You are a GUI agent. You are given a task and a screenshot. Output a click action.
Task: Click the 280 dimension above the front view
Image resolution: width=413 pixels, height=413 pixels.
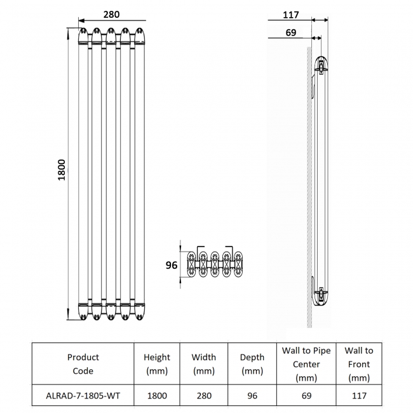click(111, 14)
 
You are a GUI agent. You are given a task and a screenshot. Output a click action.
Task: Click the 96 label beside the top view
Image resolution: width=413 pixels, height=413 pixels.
click(171, 265)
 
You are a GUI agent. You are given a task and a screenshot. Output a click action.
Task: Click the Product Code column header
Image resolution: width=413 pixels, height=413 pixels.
click(83, 364)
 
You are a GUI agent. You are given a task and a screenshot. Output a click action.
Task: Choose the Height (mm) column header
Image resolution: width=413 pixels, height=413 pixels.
click(157, 364)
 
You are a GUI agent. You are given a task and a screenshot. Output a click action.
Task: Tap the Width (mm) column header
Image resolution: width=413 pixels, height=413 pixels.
click(203, 364)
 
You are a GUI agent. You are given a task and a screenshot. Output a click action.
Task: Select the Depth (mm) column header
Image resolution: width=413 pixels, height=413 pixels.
click(252, 364)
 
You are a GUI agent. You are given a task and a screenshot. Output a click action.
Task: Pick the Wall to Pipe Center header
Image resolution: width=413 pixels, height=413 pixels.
click(306, 364)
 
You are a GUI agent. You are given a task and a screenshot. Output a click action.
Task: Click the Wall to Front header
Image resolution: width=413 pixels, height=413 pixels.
click(359, 364)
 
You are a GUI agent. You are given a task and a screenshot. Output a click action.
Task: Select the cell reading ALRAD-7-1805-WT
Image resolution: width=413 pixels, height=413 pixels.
click(83, 395)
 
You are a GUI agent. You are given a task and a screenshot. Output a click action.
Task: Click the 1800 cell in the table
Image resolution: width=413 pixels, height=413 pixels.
click(157, 395)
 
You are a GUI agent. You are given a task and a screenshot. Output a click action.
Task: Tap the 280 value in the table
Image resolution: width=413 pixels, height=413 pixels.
click(203, 395)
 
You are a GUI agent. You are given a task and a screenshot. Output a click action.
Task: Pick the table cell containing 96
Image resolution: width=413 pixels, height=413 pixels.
click(252, 395)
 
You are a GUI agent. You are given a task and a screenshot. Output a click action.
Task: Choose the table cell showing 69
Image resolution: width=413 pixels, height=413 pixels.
click(306, 395)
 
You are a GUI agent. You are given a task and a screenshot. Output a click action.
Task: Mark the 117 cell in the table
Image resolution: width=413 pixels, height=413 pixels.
click(359, 395)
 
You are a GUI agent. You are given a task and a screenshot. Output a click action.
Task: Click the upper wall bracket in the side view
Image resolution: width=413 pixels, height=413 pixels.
click(321, 65)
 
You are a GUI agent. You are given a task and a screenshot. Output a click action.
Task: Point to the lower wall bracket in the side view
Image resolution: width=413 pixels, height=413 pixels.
click(321, 294)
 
